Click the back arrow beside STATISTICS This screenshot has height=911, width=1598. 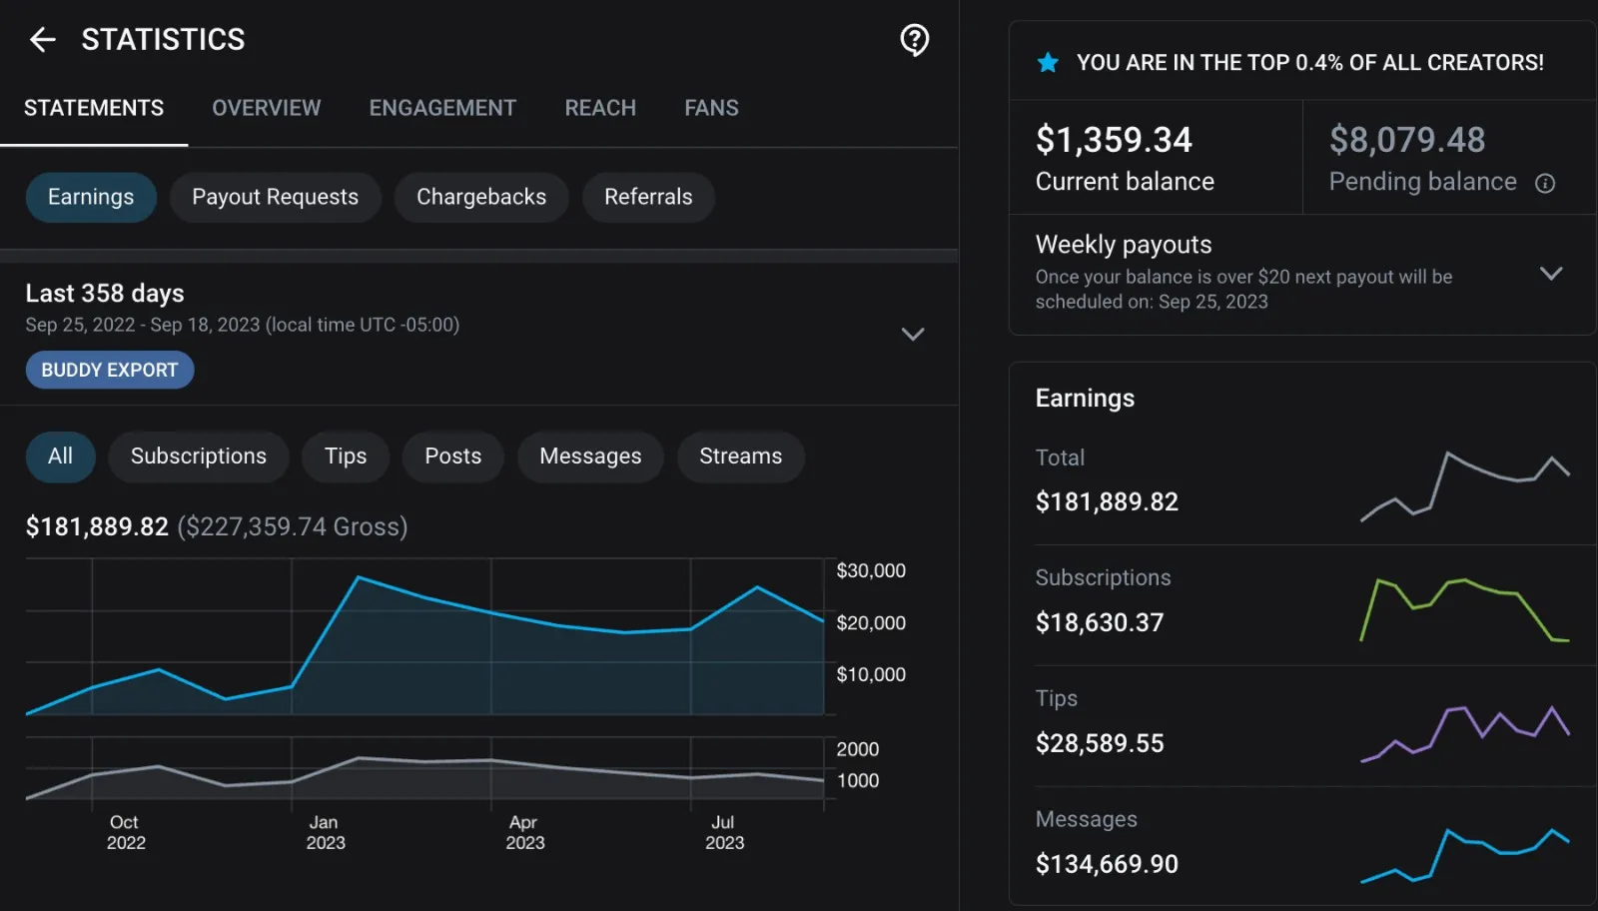(x=42, y=40)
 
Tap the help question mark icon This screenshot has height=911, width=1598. (x=914, y=40)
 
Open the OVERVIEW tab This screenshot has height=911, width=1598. (x=266, y=108)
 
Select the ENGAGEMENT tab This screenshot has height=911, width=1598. (x=442, y=108)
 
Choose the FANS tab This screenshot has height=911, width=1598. (x=711, y=108)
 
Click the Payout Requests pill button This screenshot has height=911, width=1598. (x=275, y=197)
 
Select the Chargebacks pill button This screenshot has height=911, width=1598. (x=480, y=197)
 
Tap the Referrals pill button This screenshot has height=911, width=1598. (x=647, y=197)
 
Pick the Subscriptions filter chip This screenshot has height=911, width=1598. (x=198, y=456)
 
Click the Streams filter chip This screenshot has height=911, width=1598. (x=740, y=456)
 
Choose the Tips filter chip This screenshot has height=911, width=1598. (x=345, y=456)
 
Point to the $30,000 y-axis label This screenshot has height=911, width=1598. (x=870, y=571)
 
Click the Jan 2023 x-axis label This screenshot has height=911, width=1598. (x=325, y=832)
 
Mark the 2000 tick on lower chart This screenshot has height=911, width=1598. (x=857, y=749)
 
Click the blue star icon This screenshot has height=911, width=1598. (x=1048, y=63)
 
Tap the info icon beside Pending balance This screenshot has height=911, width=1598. (x=1544, y=183)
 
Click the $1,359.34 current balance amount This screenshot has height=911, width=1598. (x=1113, y=140)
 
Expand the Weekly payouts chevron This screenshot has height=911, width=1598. (x=1550, y=273)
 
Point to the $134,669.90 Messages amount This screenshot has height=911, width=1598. (x=1106, y=864)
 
